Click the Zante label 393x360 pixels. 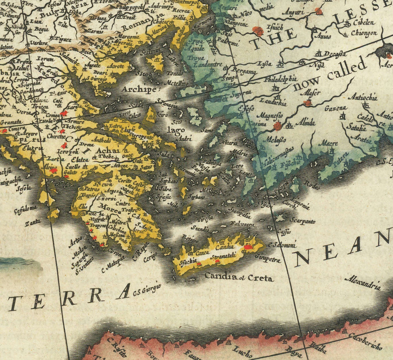click(32, 222)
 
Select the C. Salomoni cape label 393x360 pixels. click(283, 245)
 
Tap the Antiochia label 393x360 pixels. click(363, 97)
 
